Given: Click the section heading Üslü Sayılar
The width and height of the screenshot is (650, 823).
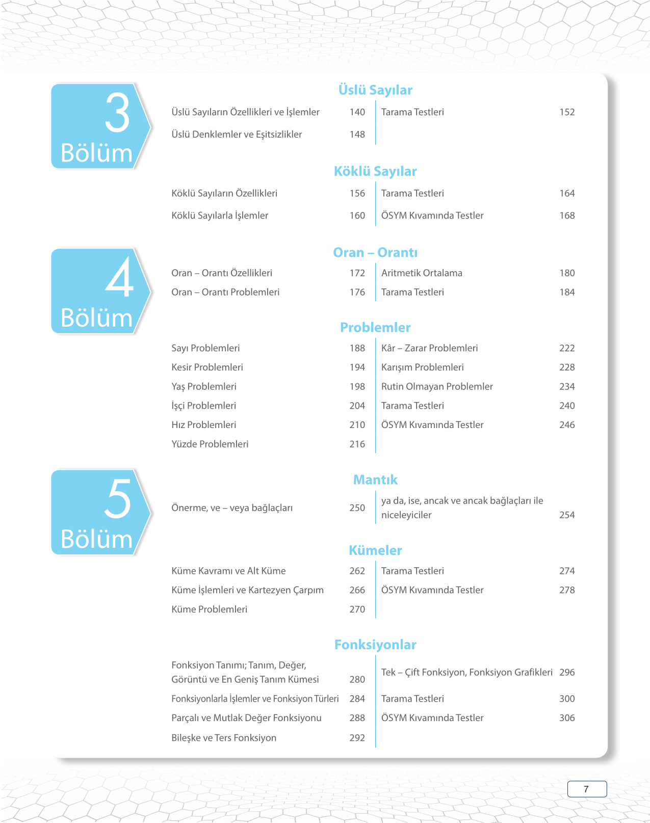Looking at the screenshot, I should (x=375, y=90).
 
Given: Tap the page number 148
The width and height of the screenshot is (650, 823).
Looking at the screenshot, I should (x=357, y=135).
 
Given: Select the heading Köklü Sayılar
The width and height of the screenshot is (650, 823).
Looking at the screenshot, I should (x=375, y=171).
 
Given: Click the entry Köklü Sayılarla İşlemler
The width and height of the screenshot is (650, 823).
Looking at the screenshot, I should (x=220, y=216).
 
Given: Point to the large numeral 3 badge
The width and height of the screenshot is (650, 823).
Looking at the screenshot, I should (x=117, y=113).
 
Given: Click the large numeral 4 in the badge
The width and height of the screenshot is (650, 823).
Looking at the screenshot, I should (x=119, y=278).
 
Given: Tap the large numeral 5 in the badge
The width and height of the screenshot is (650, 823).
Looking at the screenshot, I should (x=118, y=499).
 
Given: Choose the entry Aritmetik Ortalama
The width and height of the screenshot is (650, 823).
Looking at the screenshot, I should (x=422, y=273).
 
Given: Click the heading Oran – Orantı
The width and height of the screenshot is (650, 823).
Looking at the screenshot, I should (x=375, y=253).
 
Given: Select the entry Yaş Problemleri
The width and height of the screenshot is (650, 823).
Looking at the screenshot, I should (x=204, y=387).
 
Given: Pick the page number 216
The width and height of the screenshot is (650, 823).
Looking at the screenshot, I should (x=357, y=444).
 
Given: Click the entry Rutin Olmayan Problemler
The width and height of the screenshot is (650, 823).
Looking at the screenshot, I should (x=437, y=387).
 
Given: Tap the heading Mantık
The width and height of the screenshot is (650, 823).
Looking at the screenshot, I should (x=375, y=480).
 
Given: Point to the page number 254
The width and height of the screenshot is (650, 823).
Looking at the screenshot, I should (x=567, y=515).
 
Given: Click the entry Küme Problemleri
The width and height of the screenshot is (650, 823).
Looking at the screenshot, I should (x=209, y=609).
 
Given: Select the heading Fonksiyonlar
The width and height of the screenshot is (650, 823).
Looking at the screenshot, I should (x=375, y=645).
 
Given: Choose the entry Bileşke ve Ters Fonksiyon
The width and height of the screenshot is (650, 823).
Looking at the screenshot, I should (x=224, y=738).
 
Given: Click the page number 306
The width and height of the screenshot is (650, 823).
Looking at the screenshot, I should (x=567, y=718).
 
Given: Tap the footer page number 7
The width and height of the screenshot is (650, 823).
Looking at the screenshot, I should (x=586, y=789).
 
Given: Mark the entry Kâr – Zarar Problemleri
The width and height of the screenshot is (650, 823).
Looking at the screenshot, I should (x=429, y=348).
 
